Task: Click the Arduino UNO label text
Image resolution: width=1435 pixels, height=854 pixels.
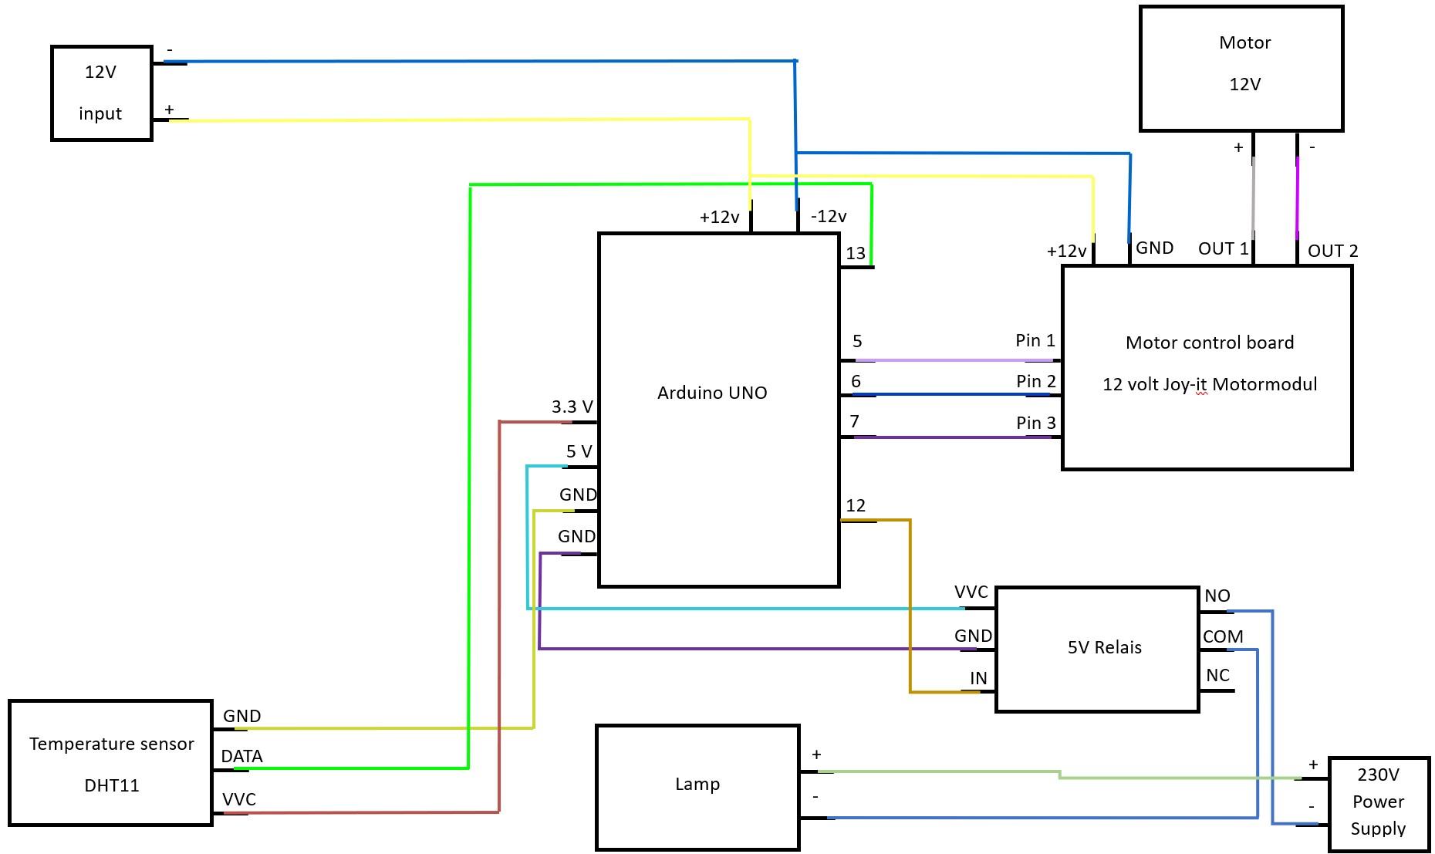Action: [711, 393]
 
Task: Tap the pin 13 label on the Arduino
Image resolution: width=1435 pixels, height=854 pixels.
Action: [856, 253]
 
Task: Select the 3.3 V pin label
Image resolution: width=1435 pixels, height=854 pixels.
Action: [572, 407]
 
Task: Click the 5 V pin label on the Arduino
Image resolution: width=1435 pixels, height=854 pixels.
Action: [579, 451]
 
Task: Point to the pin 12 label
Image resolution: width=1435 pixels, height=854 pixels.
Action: [856, 505]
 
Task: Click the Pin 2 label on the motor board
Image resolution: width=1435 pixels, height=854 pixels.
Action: [1035, 381]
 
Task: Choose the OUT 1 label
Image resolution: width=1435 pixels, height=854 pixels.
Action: [1222, 248]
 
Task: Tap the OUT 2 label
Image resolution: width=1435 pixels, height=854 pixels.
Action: [1332, 251]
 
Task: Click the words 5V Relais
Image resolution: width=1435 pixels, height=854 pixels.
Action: [1104, 647]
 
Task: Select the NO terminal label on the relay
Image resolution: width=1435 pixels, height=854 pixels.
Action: [1217, 596]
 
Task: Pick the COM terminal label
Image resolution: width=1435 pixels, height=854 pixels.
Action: [1223, 636]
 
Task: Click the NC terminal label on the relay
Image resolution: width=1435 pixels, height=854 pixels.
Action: [1217, 675]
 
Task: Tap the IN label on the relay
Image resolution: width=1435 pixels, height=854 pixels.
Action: [977, 678]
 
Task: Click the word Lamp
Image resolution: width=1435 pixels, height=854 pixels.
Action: [697, 784]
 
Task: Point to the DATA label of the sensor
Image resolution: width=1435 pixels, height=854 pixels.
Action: [241, 756]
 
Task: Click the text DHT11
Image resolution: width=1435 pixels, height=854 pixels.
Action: [112, 785]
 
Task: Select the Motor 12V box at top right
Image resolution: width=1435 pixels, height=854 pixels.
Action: [1241, 68]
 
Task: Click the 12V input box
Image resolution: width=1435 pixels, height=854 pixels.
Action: [101, 93]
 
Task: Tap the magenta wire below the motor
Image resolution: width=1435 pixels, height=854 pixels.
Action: [1297, 197]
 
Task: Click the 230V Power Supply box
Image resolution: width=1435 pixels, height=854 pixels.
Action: [1378, 802]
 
